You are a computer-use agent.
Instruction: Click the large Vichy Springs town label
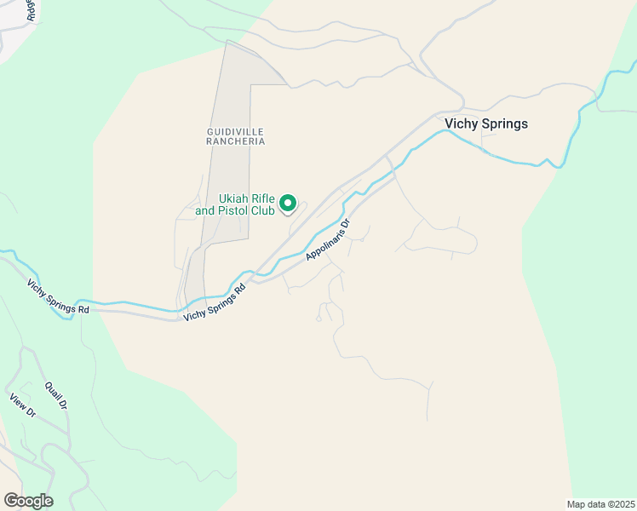tap(486, 123)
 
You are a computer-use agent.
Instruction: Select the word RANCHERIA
tap(236, 141)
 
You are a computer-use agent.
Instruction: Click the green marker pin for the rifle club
tap(288, 204)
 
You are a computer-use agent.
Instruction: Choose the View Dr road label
tap(23, 405)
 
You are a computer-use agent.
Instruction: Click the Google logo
tap(28, 501)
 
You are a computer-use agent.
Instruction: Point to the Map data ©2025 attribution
tap(601, 504)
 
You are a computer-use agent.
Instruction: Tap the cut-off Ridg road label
tap(32, 10)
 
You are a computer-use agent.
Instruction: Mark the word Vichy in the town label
tap(461, 123)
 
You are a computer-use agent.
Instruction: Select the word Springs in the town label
tap(504, 123)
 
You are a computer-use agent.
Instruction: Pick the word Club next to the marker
tap(261, 210)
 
